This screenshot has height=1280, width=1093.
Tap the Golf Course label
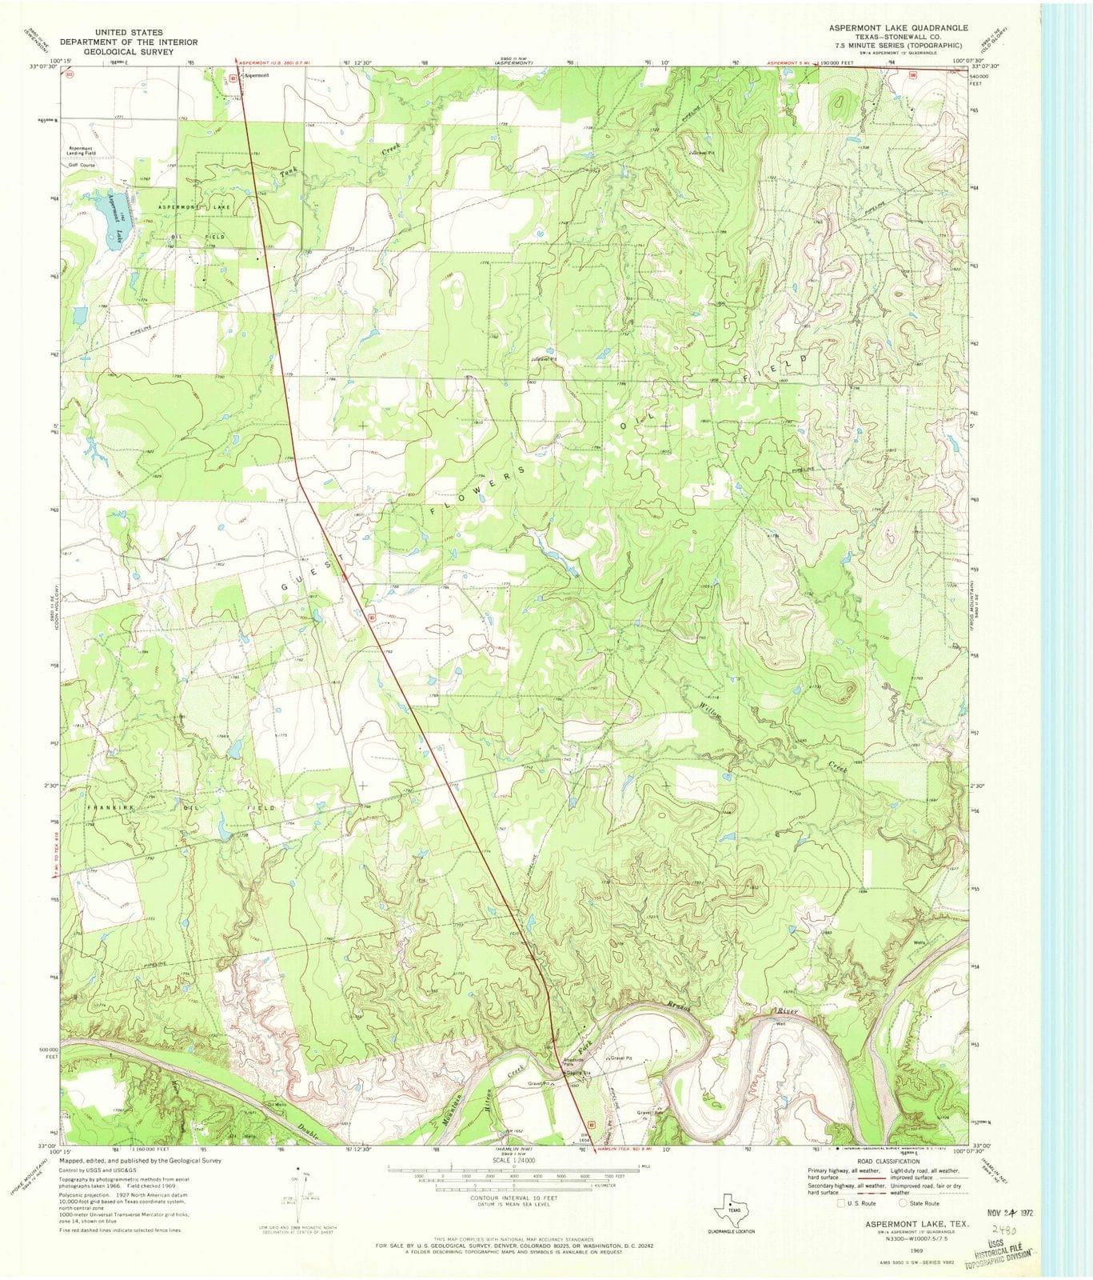point(82,164)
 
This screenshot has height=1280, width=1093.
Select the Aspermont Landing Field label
point(81,150)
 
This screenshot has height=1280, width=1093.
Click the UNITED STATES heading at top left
point(129,33)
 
